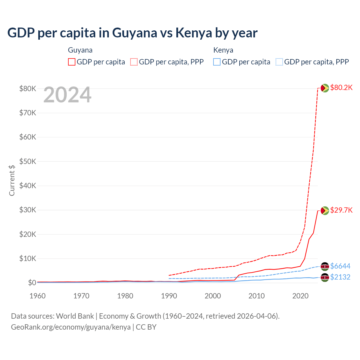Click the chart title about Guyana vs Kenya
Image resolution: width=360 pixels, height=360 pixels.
click(132, 33)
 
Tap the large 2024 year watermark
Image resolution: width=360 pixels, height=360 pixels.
click(67, 95)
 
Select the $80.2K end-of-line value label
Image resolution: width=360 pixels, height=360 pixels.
click(341, 87)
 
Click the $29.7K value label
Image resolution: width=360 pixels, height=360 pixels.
click(341, 210)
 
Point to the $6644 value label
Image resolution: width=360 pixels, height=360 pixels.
click(340, 266)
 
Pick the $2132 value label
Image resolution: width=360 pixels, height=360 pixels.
click(340, 277)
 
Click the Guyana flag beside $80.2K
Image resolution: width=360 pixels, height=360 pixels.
click(325, 88)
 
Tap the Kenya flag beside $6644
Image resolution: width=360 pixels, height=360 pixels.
click(325, 266)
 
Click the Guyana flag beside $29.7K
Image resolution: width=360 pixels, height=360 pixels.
click(325, 210)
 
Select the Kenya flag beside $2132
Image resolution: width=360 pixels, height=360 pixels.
click(325, 277)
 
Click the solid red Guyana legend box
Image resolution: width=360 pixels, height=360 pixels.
click(72, 62)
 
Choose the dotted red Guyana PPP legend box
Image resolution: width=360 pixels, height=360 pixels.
click(134, 62)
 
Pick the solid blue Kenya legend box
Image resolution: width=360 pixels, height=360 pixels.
click(217, 62)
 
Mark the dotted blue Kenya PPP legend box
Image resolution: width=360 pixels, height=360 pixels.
click(279, 62)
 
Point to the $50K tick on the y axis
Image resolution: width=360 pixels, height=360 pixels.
click(28, 161)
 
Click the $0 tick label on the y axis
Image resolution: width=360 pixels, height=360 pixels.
click(32, 283)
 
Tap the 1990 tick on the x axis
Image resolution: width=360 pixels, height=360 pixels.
click(169, 296)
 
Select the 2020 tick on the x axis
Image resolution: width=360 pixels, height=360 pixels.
click(300, 296)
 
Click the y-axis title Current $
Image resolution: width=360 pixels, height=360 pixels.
click(12, 180)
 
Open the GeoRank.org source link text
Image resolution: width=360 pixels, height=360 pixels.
click(71, 327)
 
